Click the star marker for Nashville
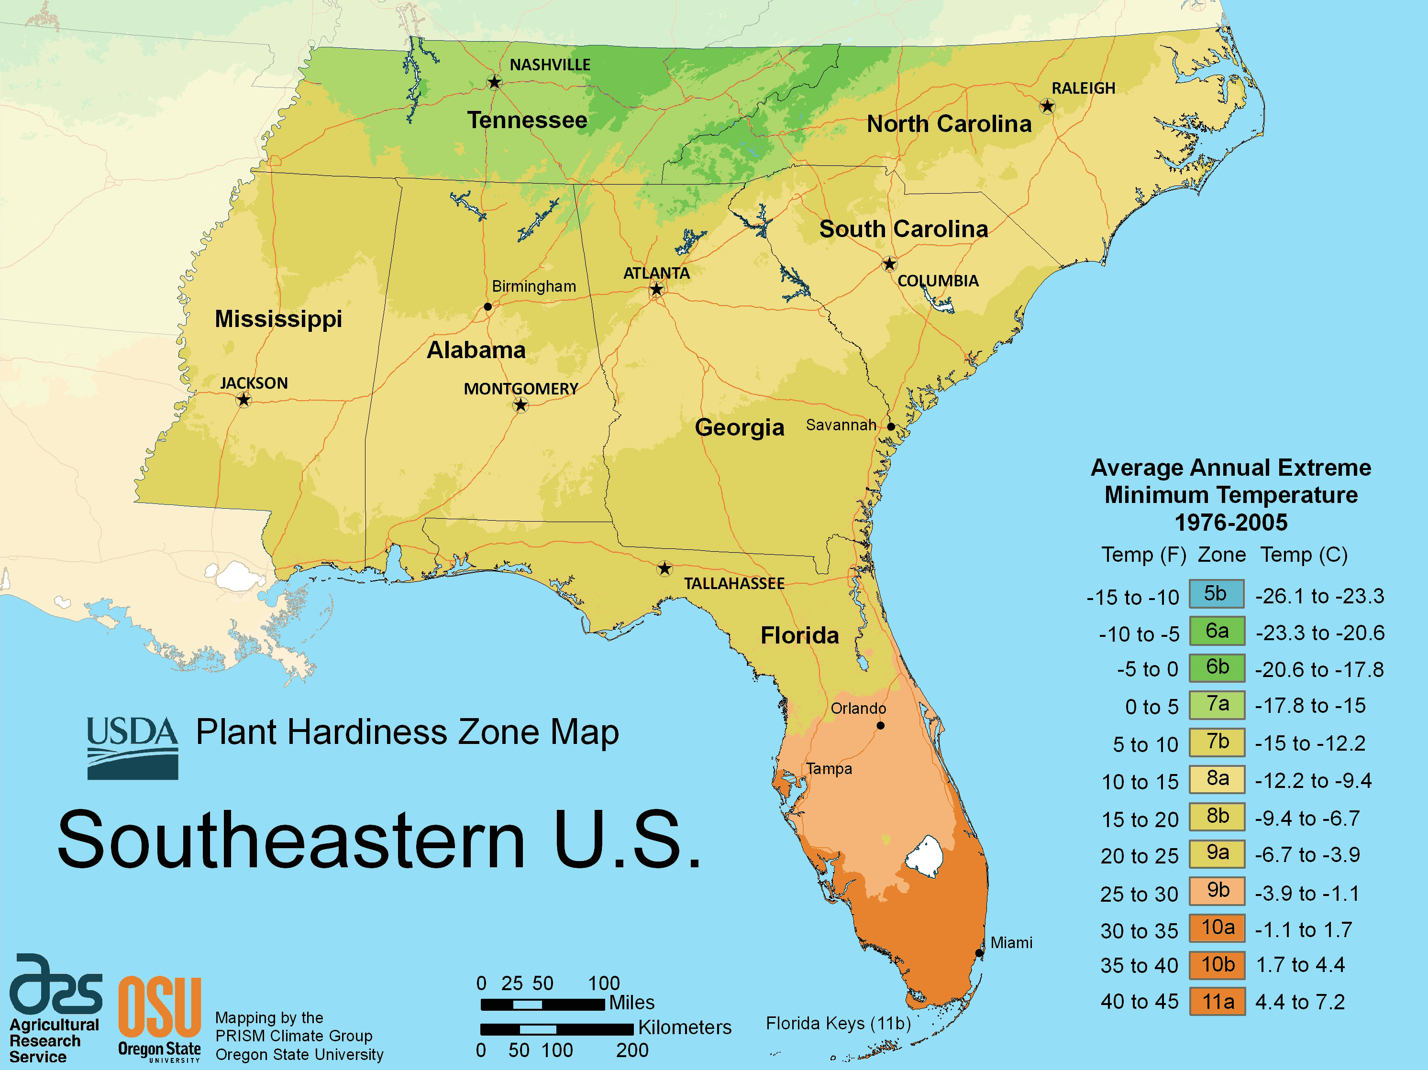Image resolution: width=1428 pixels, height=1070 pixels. coord(494,82)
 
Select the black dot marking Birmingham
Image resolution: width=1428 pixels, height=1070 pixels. coord(487,306)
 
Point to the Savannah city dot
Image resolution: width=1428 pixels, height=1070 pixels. coord(890,426)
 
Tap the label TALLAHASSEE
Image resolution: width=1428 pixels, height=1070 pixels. coord(734,583)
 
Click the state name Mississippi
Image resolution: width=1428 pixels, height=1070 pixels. coord(278,319)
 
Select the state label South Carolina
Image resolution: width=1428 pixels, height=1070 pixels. coord(903,229)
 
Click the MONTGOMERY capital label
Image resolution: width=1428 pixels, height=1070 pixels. coord(520,389)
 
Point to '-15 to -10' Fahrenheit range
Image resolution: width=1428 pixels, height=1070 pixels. coord(1132,598)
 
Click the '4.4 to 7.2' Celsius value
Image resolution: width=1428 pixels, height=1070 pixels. coord(1299,1002)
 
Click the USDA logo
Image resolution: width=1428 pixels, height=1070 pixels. coord(133,747)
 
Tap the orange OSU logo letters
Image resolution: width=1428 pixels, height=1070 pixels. coord(159,1007)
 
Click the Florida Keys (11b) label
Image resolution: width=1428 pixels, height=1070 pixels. coord(837,1024)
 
